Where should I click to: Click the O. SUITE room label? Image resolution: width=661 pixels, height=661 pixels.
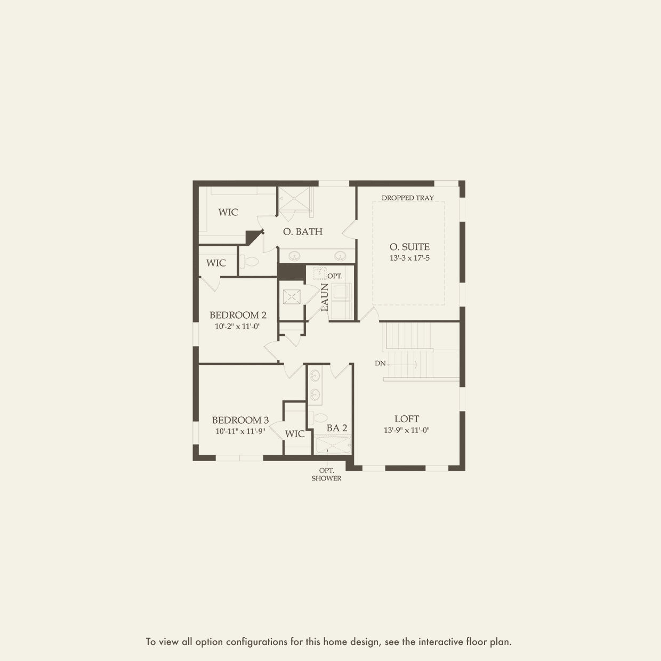(x=409, y=247)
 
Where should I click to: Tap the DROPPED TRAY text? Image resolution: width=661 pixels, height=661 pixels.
(x=407, y=198)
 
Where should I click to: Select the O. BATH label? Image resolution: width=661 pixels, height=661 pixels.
(x=303, y=231)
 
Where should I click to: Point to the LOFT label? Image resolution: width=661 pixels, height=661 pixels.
(x=407, y=419)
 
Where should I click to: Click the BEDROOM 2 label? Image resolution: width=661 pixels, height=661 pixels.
(x=238, y=315)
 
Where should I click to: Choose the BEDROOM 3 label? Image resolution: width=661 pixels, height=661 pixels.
(x=240, y=420)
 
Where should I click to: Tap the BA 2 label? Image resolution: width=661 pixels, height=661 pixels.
(x=336, y=428)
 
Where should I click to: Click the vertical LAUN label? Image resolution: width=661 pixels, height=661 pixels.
(x=325, y=297)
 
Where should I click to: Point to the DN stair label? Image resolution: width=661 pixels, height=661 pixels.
(x=380, y=363)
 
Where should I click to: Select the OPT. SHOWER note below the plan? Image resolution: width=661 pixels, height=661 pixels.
(x=326, y=474)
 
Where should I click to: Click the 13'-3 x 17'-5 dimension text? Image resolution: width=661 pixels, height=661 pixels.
(x=409, y=258)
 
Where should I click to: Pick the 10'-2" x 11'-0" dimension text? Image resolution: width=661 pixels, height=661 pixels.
(x=238, y=326)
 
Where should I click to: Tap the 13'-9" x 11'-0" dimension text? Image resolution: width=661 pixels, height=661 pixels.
(x=407, y=430)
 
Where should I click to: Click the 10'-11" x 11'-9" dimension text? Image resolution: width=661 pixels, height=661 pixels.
(x=240, y=431)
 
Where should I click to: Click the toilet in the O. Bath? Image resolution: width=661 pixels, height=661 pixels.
(x=249, y=262)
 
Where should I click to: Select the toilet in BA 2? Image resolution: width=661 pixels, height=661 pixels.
(x=318, y=418)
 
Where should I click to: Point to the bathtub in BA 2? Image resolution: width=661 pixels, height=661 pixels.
(x=333, y=445)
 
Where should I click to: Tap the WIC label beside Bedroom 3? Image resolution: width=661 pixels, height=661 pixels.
(x=295, y=434)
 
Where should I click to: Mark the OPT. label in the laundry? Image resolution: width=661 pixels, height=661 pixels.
(x=335, y=276)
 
